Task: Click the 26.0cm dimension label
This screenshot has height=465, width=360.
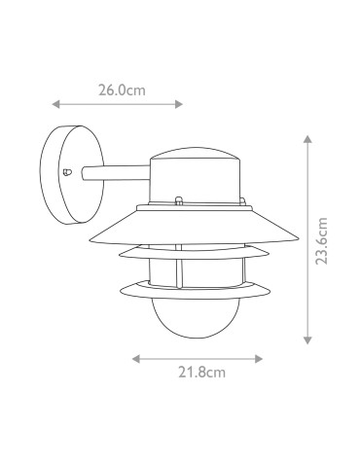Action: pos(122,90)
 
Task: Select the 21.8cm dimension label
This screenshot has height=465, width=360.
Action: pos(203,371)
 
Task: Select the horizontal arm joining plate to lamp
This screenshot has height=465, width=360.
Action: pos(115,175)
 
